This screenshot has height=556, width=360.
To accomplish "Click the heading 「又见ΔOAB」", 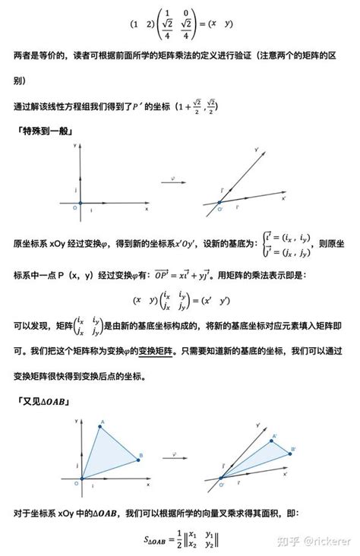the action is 43,400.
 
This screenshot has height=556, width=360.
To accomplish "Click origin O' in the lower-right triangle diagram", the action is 221,481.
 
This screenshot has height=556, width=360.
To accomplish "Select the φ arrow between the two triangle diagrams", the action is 177,456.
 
